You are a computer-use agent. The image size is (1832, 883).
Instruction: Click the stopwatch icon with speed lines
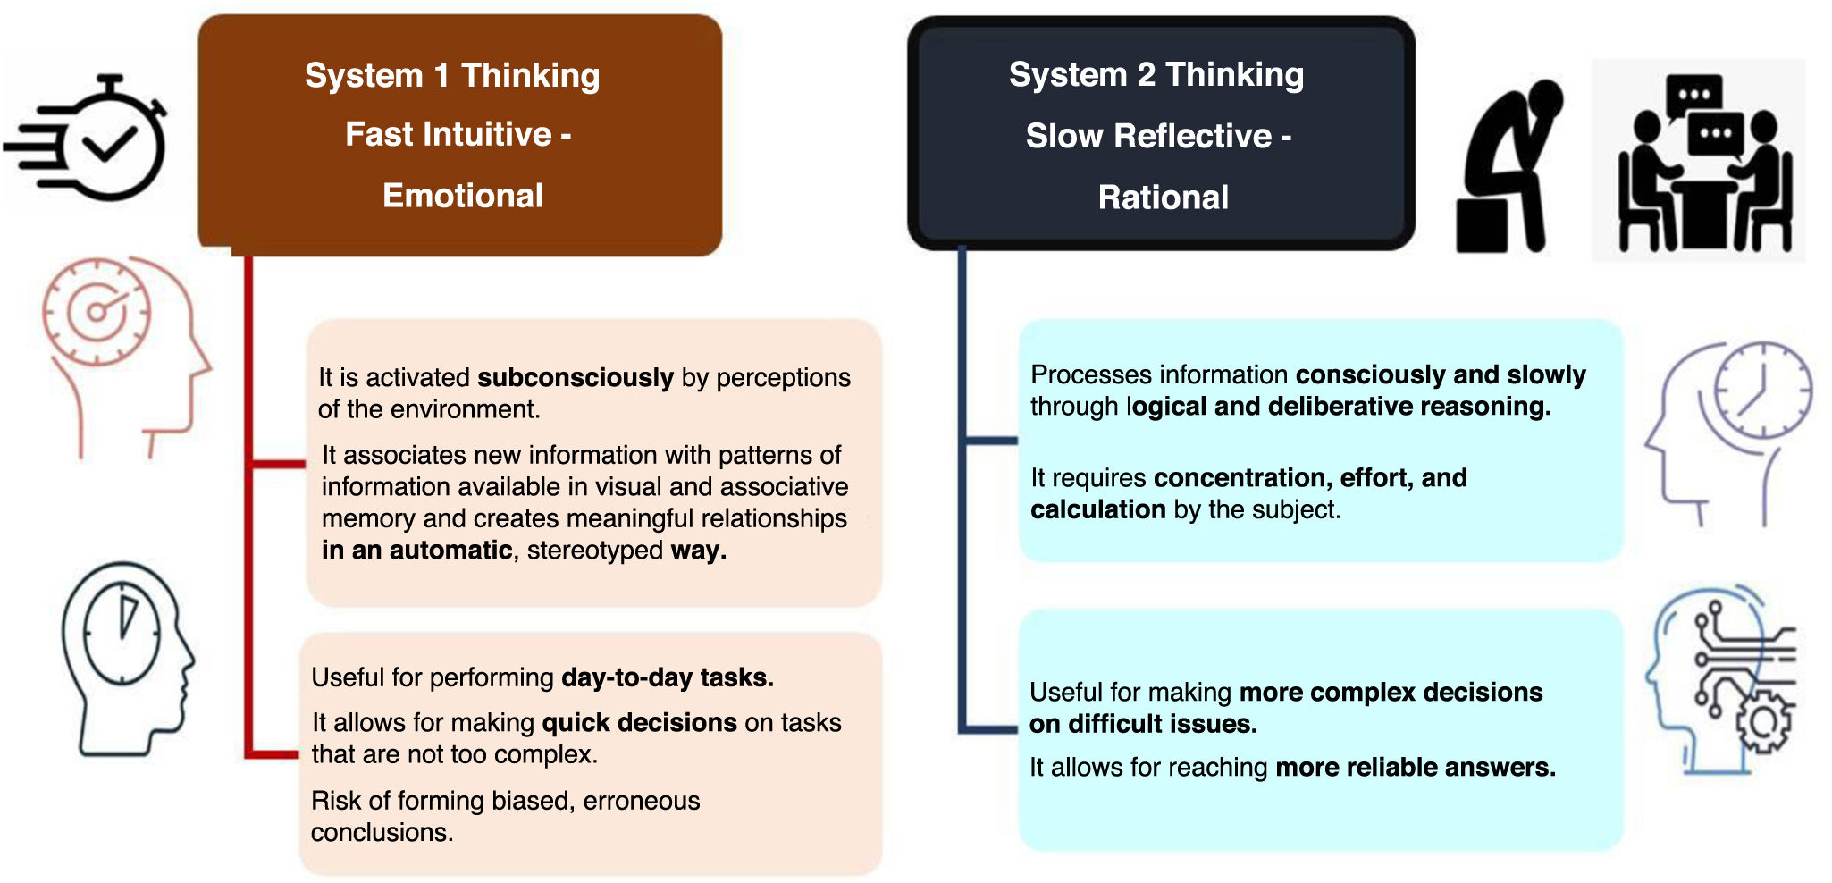coord(89,139)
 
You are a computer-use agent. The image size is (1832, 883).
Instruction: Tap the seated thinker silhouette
coord(1508,165)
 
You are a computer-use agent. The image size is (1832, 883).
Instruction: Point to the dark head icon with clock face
coord(125,657)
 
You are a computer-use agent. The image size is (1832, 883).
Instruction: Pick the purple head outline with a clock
coord(1729,429)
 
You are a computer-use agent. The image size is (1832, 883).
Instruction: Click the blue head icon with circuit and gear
coord(1720,679)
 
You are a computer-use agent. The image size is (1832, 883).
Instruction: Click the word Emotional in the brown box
coord(462,196)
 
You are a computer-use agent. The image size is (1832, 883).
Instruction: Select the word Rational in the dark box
coord(1163,197)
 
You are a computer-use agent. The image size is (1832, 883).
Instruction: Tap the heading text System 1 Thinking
coord(452,75)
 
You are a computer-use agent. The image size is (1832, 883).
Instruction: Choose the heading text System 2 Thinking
coord(1156,74)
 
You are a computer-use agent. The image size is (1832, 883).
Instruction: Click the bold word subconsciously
coord(576,377)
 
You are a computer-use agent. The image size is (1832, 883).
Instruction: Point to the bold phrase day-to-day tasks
coord(667,677)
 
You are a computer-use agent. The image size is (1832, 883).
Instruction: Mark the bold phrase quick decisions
coord(639,722)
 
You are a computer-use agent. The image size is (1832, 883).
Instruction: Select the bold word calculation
coord(1097,509)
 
